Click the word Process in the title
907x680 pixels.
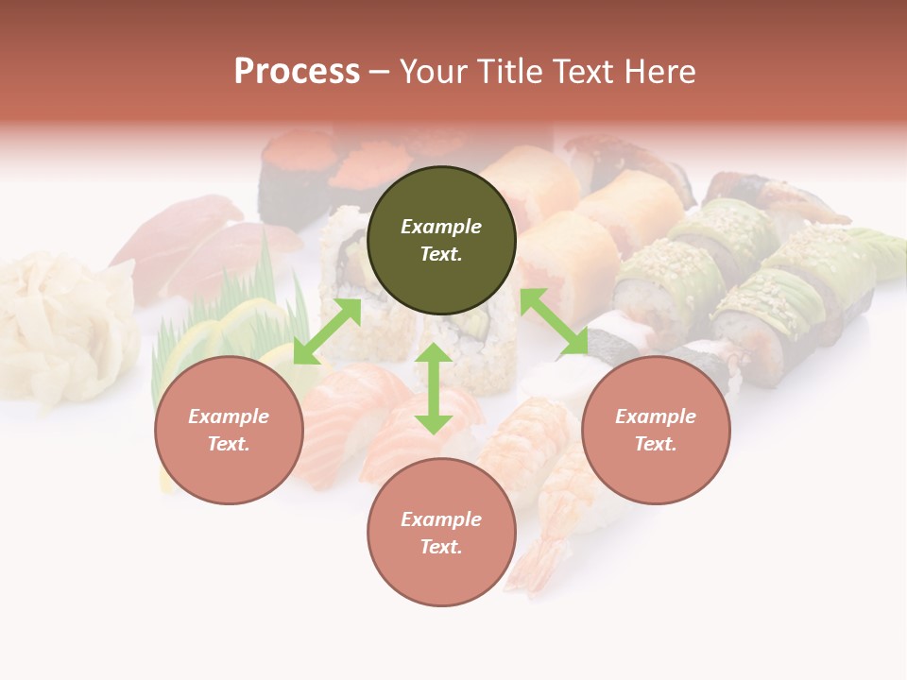coord(297,72)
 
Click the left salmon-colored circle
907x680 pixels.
coord(229,462)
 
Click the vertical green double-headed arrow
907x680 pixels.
coord(434,388)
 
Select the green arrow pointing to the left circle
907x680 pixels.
coord(327,331)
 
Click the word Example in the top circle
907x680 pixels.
coord(441,227)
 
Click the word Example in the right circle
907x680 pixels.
coord(656,416)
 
